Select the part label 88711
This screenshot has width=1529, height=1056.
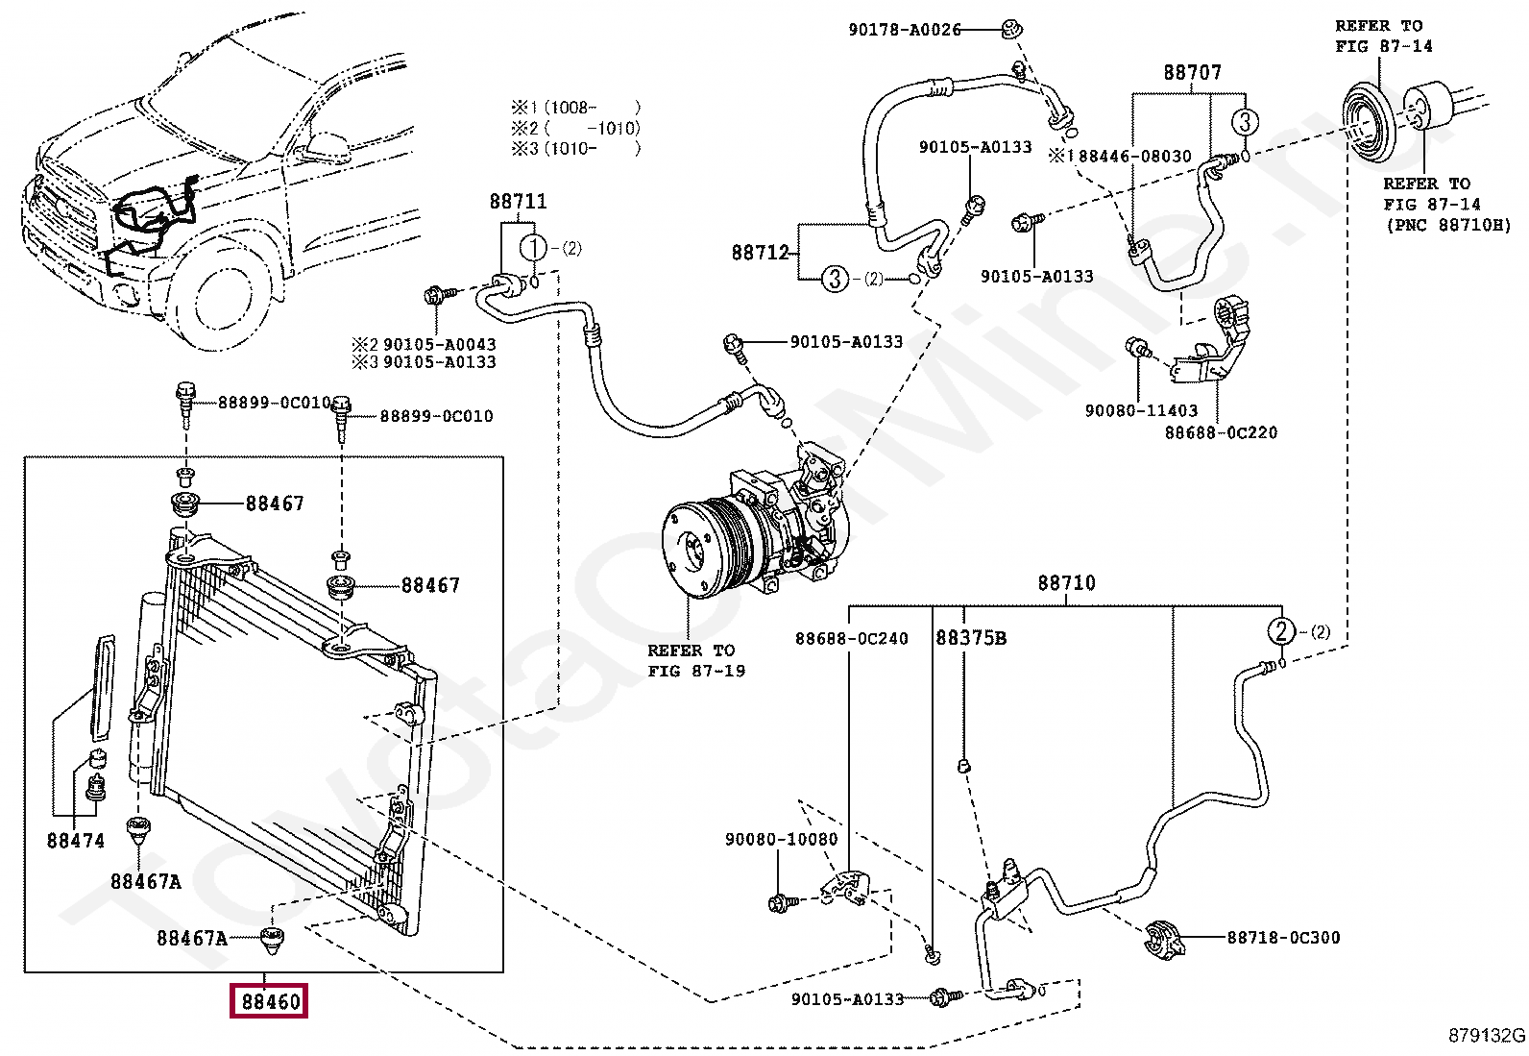518,202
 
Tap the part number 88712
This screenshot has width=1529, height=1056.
761,253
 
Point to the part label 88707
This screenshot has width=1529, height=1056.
1193,72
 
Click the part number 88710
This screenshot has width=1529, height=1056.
1066,582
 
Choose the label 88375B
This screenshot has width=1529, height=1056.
971,638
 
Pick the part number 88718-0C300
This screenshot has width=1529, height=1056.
1283,937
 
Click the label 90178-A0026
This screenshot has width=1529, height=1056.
905,30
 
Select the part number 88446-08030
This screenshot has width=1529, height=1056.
1134,157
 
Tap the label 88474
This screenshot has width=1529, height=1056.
76,841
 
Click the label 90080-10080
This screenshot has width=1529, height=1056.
781,839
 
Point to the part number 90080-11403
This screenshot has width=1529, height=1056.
1141,410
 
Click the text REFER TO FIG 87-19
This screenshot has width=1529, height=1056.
696,660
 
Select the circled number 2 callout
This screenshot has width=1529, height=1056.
1280,630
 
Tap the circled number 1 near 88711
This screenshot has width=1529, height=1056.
534,248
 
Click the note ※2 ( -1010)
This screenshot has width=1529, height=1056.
576,129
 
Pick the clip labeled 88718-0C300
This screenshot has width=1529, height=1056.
1164,937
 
